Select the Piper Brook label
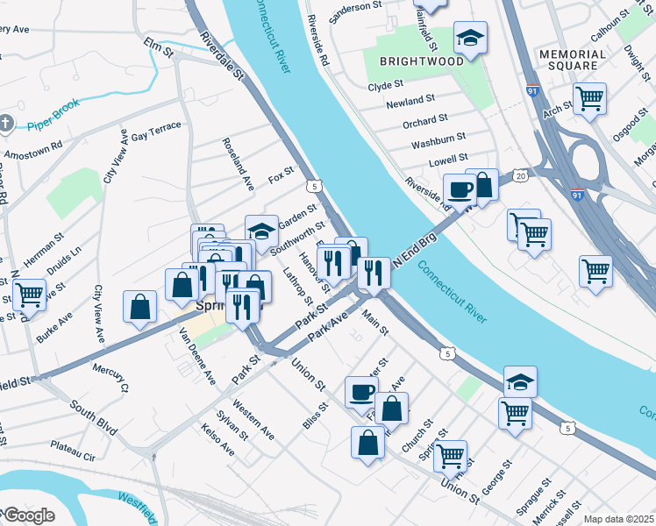(x=53, y=114)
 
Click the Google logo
(x=28, y=515)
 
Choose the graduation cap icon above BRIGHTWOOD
(x=470, y=38)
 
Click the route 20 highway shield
(x=520, y=176)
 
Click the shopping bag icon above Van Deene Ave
(x=140, y=307)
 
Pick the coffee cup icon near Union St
(x=361, y=393)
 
